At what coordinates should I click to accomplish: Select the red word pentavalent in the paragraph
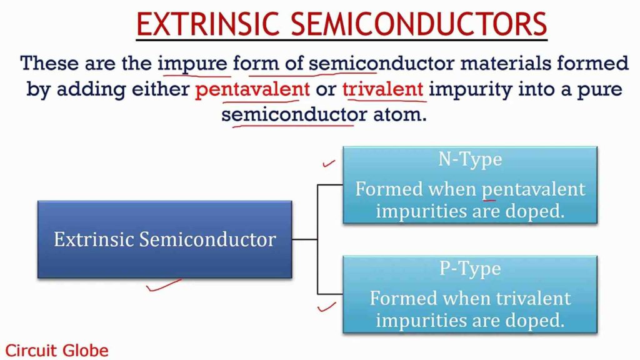tap(252, 89)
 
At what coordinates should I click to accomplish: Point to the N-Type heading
tap(469, 159)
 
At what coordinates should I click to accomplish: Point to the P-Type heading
tap(469, 269)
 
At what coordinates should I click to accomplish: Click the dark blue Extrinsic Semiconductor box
tap(164, 239)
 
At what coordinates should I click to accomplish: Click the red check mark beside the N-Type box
tap(328, 164)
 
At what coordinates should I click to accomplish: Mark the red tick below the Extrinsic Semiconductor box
tap(164, 285)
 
